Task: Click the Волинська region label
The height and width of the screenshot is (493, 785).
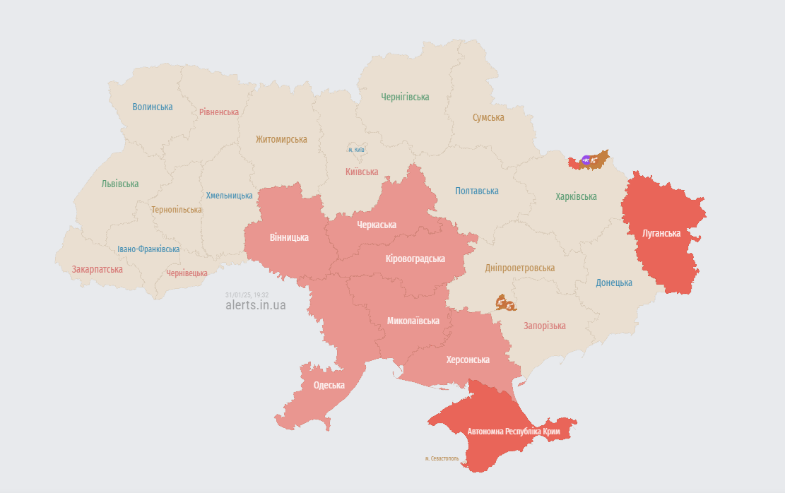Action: pos(153,107)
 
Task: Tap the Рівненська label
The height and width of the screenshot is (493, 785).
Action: pos(219,112)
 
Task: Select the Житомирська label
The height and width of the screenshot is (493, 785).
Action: pos(281,139)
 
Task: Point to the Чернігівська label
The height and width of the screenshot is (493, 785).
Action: pos(405,97)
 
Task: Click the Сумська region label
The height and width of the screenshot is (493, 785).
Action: pos(488,117)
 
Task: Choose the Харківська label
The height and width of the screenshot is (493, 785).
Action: pos(576,196)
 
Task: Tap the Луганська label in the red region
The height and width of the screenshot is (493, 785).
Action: pos(662,233)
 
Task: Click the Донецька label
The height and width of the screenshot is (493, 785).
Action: pos(614,283)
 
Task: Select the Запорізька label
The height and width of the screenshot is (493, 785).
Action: pos(544,326)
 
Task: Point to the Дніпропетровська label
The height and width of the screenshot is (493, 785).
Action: pos(519,268)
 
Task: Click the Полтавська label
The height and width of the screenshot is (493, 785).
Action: pos(477,191)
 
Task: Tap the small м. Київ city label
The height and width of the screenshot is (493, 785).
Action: pos(356,150)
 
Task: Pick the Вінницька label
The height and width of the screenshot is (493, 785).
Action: pos(289,237)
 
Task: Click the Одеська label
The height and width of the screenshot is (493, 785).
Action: pos(329,385)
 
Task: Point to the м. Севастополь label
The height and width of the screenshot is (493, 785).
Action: pos(442,458)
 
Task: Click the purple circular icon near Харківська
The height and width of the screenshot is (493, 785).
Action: pos(586,160)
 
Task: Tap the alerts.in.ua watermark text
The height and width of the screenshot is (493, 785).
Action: pos(255,305)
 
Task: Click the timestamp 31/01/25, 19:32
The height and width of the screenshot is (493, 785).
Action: pos(247,295)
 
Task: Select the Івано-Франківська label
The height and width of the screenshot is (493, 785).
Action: pos(148,249)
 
